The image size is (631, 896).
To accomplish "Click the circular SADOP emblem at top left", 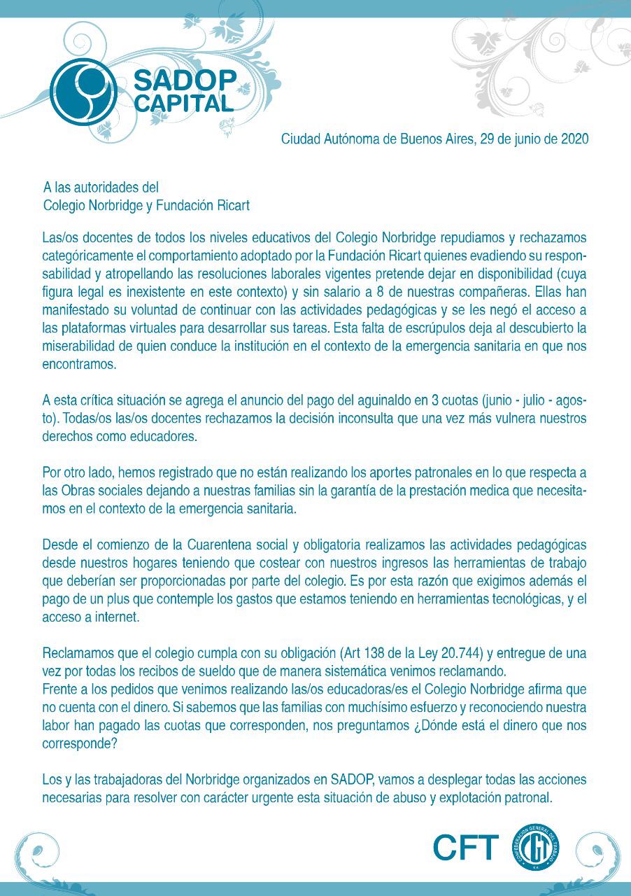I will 83,92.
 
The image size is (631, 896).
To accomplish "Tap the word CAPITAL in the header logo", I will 183,104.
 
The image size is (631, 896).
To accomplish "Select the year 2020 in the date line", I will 574,139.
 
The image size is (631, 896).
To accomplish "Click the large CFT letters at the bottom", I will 465,848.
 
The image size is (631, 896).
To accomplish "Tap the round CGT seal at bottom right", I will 536,848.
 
